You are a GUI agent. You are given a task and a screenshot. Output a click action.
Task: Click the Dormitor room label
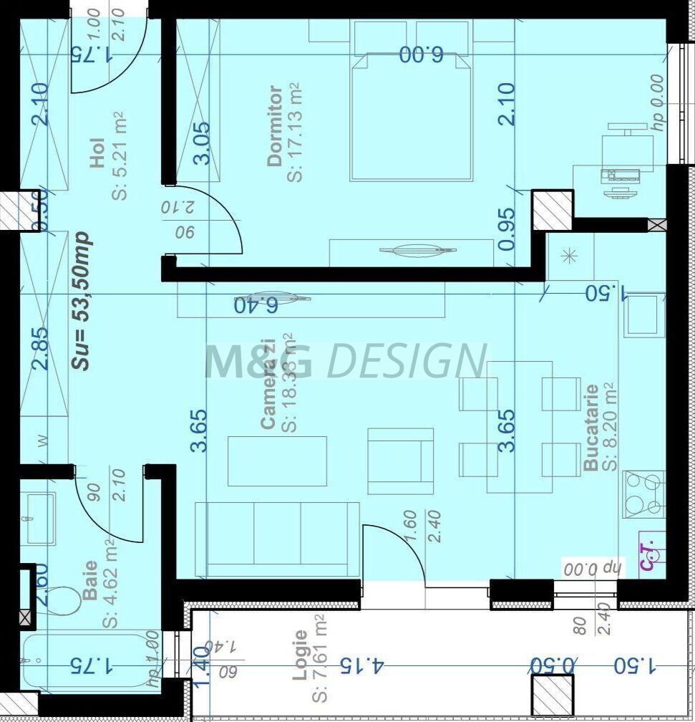coord(274,126)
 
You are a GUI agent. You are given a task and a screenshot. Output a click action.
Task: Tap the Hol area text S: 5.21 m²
coord(119,155)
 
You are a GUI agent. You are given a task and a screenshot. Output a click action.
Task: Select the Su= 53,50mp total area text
coord(82,301)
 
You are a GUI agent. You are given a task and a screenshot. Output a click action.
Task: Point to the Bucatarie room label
coord(591,428)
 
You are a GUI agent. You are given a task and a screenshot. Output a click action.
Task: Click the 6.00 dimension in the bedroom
coord(422,54)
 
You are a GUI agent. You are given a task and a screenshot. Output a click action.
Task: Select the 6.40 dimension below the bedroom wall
coord(256,306)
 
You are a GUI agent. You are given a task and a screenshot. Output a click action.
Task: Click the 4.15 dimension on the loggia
coord(361,665)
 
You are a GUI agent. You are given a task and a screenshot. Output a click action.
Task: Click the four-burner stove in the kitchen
coord(643,494)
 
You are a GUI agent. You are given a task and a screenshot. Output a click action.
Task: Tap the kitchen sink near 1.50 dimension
coord(643,314)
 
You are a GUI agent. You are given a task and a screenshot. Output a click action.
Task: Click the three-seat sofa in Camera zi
coord(277,539)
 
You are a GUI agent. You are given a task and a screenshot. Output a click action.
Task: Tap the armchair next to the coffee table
coord(401,461)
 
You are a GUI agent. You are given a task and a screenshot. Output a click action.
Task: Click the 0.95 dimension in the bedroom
coord(507,228)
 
